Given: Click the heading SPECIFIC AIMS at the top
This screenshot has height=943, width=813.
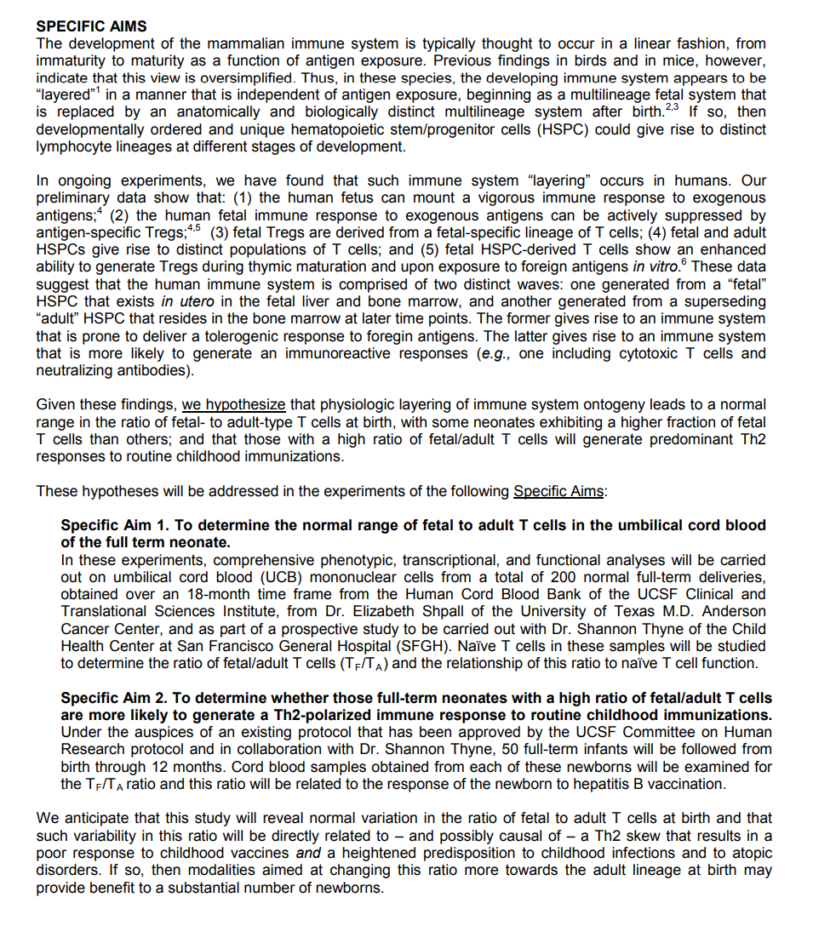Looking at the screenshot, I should pyautogui.click(x=91, y=26).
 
